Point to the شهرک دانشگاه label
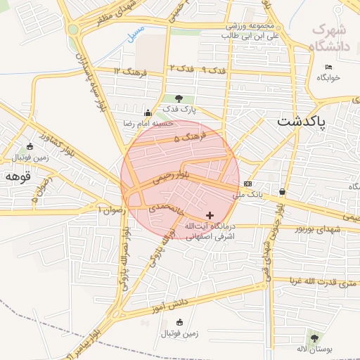pos(328,38)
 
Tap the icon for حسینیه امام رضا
pos(147,113)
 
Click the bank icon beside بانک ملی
pos(247,184)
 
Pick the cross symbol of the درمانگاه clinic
pos(209,214)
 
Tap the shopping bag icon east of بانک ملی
pos(282,191)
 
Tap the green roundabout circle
pos(73,29)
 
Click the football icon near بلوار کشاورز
pos(30,146)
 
